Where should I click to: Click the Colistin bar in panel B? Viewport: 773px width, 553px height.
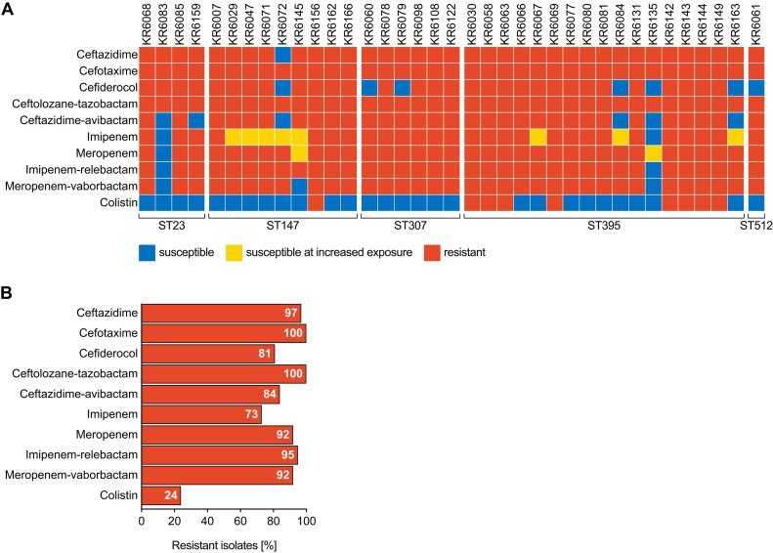pyautogui.click(x=161, y=495)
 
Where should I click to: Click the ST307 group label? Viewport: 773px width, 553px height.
pyautogui.click(x=409, y=226)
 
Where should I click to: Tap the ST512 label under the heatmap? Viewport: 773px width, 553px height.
pyautogui.click(x=754, y=226)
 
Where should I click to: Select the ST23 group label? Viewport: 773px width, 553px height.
pyautogui.click(x=172, y=226)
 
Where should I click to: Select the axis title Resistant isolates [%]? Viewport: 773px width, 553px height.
pyautogui.click(x=224, y=543)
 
